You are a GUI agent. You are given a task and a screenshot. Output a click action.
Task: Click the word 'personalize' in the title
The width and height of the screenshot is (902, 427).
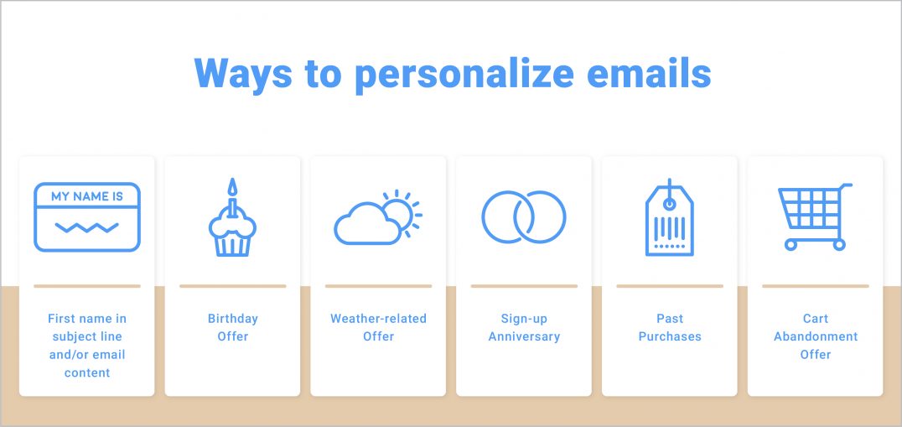tap(463, 74)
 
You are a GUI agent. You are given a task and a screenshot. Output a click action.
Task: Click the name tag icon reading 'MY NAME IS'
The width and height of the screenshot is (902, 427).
tap(87, 216)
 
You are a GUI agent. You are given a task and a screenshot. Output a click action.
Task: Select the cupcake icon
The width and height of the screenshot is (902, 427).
tap(232, 227)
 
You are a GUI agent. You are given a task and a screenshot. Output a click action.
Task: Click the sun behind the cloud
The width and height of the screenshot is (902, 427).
tap(402, 210)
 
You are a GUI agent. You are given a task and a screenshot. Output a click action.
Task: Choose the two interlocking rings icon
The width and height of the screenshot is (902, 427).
tap(524, 216)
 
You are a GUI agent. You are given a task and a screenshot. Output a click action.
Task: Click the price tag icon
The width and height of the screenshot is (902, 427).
tap(670, 219)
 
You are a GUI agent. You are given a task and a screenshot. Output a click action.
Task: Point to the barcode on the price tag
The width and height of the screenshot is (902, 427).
tap(670, 228)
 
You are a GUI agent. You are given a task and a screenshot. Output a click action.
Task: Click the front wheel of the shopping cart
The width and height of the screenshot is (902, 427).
tap(791, 244)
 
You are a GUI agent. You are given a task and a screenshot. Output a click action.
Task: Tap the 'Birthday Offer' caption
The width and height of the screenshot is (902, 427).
tap(233, 327)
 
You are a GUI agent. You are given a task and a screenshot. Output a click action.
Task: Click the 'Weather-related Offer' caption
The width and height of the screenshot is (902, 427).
tap(378, 327)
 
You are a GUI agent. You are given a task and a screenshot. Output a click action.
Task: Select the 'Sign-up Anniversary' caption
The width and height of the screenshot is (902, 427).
tap(524, 327)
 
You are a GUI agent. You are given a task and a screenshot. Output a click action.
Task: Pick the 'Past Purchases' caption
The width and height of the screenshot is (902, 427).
tap(670, 327)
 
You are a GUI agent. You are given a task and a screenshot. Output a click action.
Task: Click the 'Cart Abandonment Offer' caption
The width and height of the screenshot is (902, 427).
tap(816, 336)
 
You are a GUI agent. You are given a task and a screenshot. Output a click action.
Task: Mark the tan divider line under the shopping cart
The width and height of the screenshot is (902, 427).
tap(816, 286)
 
